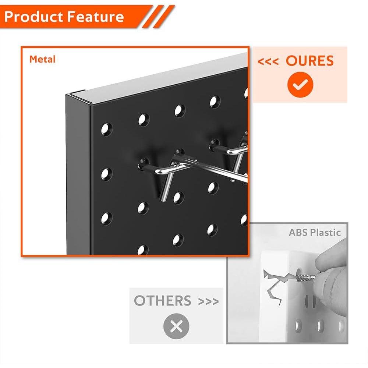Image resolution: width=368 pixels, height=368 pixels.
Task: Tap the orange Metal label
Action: [42, 59]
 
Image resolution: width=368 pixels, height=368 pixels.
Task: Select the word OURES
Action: [310, 61]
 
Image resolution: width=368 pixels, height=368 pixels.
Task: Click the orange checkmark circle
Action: [300, 85]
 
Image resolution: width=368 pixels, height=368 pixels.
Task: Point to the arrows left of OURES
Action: [268, 61]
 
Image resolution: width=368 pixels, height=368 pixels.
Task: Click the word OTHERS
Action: [162, 301]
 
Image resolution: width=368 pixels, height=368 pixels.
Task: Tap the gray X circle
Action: [176, 326]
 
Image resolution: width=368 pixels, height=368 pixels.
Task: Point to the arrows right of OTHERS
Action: [209, 302]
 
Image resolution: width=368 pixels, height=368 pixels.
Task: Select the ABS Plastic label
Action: [315, 233]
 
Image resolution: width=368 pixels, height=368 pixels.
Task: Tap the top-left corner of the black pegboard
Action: [67, 96]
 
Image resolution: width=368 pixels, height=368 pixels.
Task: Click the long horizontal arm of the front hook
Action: [210, 169]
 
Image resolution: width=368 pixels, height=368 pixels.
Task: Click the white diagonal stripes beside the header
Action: [159, 17]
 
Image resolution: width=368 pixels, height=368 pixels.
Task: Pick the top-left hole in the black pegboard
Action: [106, 129]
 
